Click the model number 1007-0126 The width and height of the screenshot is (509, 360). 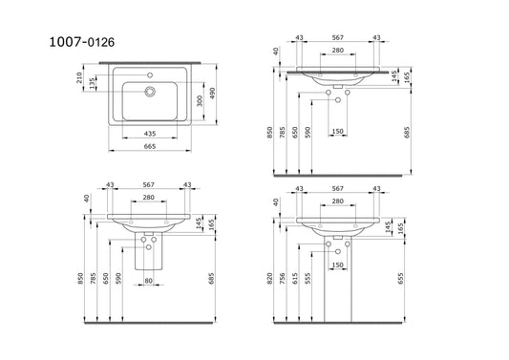coord(82,42)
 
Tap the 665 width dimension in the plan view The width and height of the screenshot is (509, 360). coord(150,146)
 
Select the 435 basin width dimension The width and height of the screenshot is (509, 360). coord(150,134)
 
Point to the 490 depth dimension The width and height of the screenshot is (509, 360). coord(212,94)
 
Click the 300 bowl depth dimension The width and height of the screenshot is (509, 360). coord(200,101)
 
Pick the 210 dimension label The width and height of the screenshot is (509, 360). coord(79,78)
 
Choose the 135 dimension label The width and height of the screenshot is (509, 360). coord(93,83)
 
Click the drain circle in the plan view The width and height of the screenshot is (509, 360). coord(150,92)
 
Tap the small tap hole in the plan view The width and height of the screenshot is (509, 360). coord(150,75)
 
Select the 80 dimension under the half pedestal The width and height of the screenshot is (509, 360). coord(148,281)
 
